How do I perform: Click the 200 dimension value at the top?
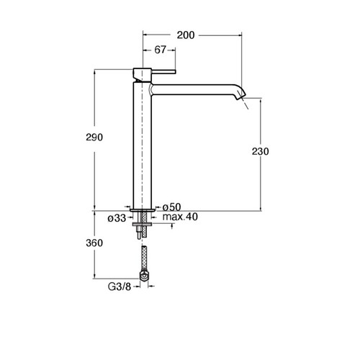coord(186,35)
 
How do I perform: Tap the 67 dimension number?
coord(160,50)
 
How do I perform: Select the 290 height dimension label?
coord(94,138)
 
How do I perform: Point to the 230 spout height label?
coord(261,151)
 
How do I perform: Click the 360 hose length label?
coord(94,243)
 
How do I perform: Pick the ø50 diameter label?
coord(172,207)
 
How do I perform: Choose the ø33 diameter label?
coord(117,218)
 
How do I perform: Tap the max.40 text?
coord(180,217)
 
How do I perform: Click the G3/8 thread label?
coord(120,287)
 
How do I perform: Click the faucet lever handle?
coord(163,71)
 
